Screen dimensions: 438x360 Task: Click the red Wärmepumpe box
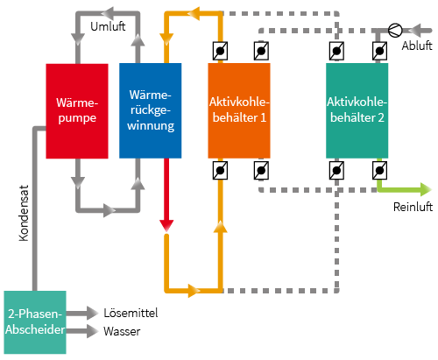77,111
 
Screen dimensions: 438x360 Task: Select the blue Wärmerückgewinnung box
151,110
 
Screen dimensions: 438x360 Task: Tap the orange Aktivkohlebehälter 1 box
239,110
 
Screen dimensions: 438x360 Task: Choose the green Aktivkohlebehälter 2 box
357,110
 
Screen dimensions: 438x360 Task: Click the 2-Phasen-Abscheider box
35,322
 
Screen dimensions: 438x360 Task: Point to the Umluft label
108,26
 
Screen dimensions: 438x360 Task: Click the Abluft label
417,46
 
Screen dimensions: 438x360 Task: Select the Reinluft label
413,207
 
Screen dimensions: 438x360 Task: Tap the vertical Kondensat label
24,213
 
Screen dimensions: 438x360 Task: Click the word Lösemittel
131,313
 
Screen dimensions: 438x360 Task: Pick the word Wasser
122,331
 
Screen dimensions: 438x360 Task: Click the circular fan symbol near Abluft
395,30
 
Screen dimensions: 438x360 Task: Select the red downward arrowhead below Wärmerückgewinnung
166,226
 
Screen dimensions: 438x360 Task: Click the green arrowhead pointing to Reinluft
426,189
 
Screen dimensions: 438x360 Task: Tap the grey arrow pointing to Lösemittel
82,314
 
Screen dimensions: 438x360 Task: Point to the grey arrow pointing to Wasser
82,331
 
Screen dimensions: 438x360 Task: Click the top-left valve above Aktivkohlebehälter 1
220,51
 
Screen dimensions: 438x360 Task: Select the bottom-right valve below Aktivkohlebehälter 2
379,170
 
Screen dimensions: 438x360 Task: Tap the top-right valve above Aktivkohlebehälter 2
379,51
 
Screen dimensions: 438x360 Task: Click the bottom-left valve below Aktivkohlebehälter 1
220,170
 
